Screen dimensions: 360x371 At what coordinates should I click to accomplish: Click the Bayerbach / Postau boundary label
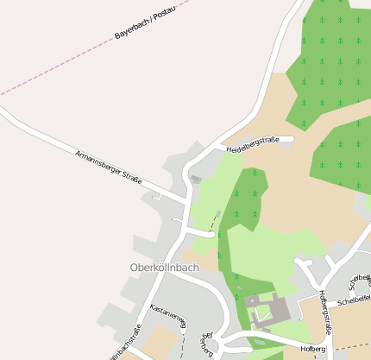145,23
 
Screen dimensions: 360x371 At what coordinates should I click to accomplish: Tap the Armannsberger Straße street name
108,167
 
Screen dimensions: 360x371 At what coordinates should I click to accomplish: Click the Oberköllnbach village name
163,267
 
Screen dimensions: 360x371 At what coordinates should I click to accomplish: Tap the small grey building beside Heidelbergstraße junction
196,180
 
